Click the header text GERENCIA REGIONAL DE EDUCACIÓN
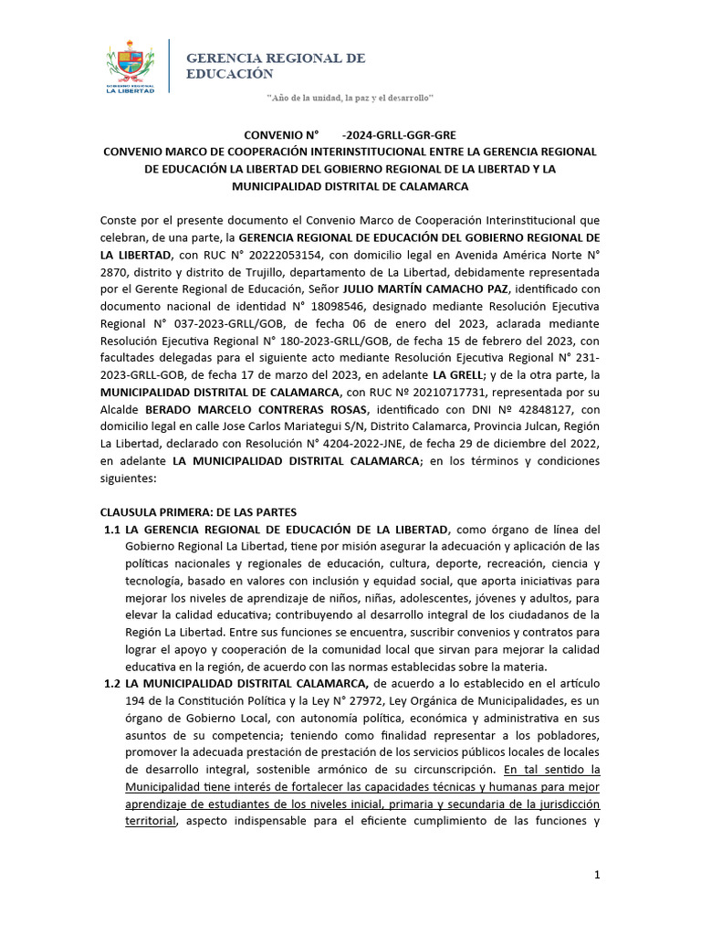click(x=276, y=65)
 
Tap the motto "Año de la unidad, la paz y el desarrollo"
click(x=350, y=97)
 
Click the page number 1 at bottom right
click(x=597, y=875)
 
